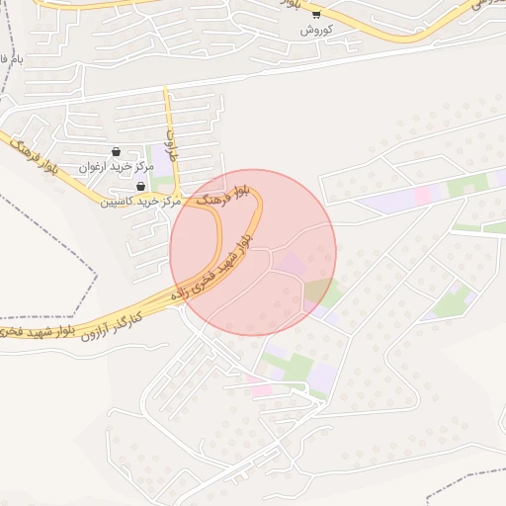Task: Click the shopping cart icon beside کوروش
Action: pyautogui.click(x=316, y=14)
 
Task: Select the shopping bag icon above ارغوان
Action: pyautogui.click(x=118, y=152)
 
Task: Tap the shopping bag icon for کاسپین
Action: pyautogui.click(x=140, y=186)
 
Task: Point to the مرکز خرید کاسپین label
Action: pyautogui.click(x=139, y=201)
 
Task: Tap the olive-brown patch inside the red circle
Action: pyautogui.click(x=317, y=291)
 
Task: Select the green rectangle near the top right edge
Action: pyautogui.click(x=467, y=185)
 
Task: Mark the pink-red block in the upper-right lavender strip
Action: pyautogui.click(x=423, y=195)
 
